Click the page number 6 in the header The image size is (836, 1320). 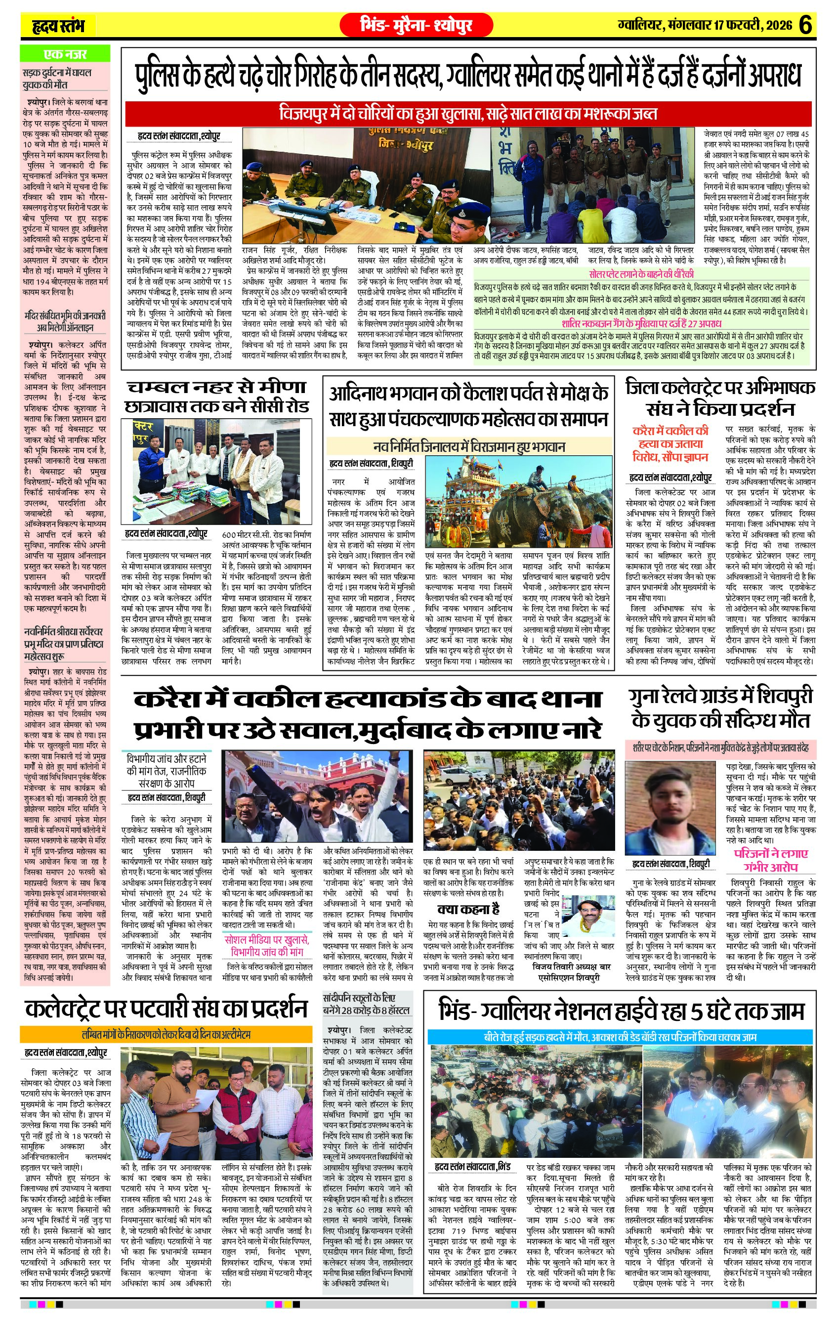(x=805, y=25)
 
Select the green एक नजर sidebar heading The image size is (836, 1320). (x=65, y=54)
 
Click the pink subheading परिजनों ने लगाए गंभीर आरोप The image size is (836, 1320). (x=770, y=860)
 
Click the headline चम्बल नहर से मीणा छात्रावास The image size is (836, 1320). (x=217, y=397)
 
